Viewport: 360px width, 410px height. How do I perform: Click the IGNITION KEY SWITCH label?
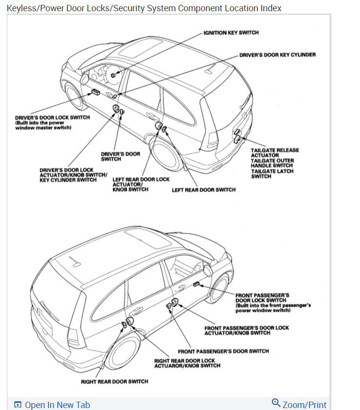[231, 33]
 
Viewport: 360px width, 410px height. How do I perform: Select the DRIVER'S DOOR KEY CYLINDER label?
[277, 55]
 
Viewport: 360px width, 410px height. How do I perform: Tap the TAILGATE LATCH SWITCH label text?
[268, 173]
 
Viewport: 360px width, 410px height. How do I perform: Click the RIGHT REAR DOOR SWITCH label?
[114, 382]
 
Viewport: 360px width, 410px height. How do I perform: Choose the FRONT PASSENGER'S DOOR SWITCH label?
[223, 351]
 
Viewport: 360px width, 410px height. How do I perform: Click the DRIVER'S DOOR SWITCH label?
[120, 156]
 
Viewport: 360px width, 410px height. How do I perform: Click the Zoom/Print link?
[304, 405]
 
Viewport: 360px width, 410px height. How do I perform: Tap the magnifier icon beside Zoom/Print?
[276, 403]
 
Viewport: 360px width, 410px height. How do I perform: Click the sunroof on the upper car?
[142, 49]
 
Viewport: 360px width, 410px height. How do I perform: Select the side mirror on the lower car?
[209, 270]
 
